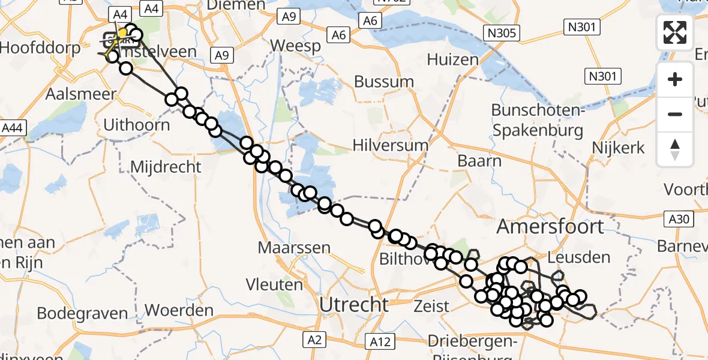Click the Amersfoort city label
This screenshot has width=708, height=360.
(550, 227)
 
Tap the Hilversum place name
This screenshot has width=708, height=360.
(391, 145)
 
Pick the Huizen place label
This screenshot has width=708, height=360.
(453, 59)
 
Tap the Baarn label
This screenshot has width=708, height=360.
(479, 161)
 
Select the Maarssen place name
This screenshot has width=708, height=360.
(294, 247)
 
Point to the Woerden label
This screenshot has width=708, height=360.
(179, 311)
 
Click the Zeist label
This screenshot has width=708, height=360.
(431, 306)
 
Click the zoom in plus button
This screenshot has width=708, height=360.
(675, 80)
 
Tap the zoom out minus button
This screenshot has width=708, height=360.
(675, 114)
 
